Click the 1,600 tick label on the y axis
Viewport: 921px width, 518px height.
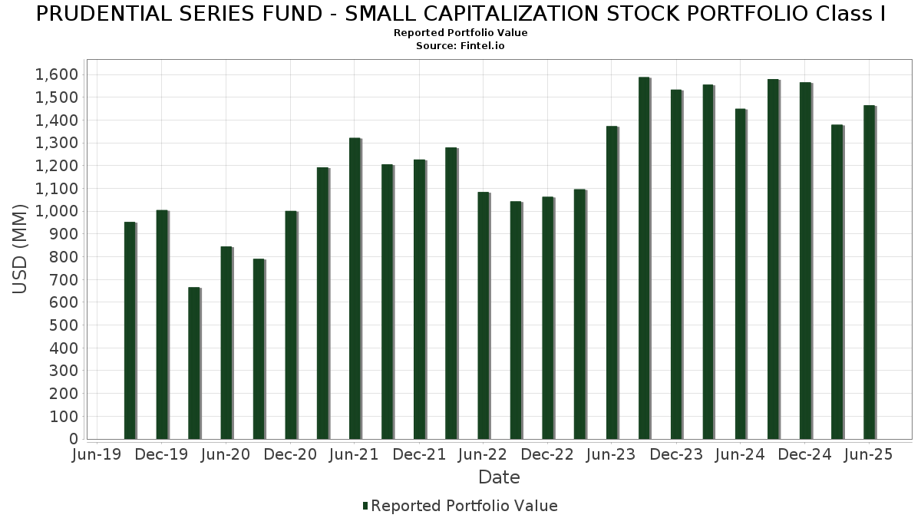tap(57, 74)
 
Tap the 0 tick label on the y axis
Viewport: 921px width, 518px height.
tap(73, 439)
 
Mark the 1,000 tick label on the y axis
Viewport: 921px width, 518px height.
tap(57, 211)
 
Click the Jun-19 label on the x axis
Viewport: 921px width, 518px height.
tap(97, 455)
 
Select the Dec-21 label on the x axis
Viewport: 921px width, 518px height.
tap(418, 455)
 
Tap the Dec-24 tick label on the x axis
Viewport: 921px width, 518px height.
tap(804, 455)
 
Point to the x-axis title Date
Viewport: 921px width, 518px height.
tap(499, 477)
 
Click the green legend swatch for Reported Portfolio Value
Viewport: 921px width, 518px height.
tap(365, 506)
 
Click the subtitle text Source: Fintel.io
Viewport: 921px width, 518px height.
tap(460, 46)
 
